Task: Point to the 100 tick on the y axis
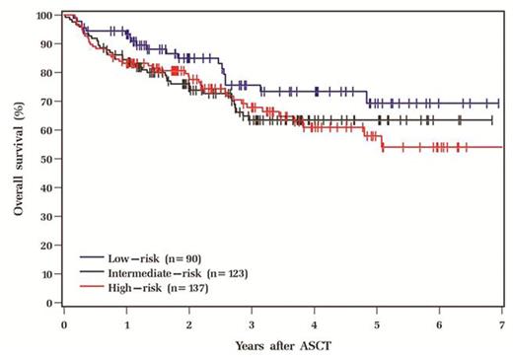coord(45,16)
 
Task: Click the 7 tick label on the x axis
coord(502,323)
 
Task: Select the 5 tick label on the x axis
coord(377,323)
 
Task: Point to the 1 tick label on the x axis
coord(126,323)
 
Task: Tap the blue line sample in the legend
coord(93,258)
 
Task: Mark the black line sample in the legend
coord(93,271)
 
